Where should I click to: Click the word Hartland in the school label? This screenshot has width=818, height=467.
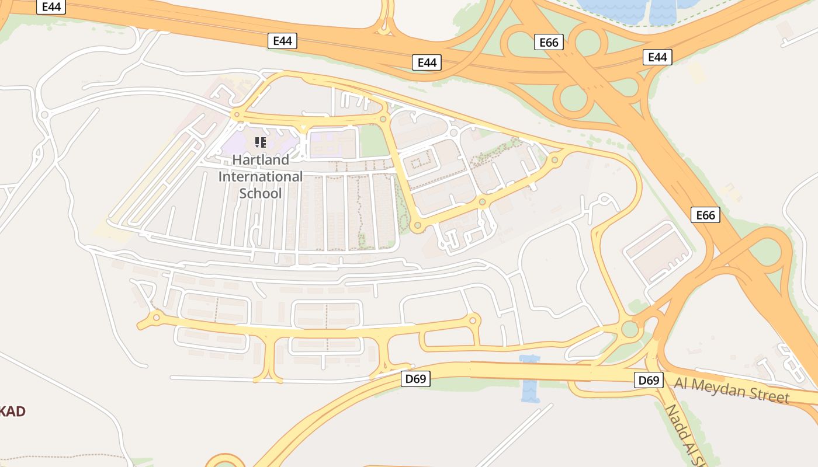coord(261,159)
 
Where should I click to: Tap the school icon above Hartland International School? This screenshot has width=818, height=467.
coord(261,142)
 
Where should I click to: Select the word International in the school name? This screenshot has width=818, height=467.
coord(261,176)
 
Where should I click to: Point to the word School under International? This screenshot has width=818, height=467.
coord(261,193)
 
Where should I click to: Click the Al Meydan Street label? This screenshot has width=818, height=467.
coord(732,389)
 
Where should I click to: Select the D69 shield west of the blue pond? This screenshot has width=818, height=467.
coord(416,379)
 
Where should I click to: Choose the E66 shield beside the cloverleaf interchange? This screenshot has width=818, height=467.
coord(549,42)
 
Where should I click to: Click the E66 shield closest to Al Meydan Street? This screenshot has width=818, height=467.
coord(705,215)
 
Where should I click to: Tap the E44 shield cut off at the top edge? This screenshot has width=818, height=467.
coord(51,6)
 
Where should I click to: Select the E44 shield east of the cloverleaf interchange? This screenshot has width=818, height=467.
coord(657,57)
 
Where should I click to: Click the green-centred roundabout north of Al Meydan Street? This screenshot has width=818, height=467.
coord(630,329)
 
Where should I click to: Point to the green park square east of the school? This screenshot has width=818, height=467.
coord(374,141)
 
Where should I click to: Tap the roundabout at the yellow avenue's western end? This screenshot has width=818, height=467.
coord(156,318)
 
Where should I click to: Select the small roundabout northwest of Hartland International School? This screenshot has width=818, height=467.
coord(237,115)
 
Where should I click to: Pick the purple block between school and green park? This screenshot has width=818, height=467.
coord(332,144)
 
